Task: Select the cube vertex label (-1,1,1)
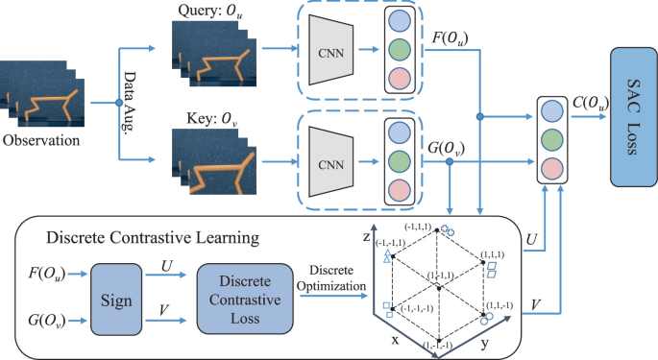coord(423,224)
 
